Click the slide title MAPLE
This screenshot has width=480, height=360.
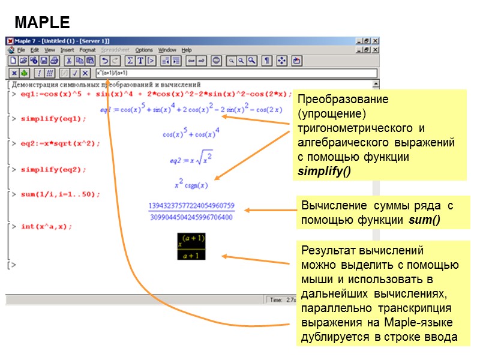point(42,23)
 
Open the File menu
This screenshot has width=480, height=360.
point(21,50)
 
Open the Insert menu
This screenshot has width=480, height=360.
point(67,50)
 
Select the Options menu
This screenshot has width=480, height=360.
point(144,50)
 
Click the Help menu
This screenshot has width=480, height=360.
point(187,50)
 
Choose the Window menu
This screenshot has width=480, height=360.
point(167,50)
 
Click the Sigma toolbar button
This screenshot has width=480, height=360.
point(129,61)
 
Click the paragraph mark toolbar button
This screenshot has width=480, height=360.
point(268,61)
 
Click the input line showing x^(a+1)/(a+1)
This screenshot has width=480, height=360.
point(234,73)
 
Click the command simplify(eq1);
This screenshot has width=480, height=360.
point(53,119)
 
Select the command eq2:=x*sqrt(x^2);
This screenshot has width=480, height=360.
point(60,144)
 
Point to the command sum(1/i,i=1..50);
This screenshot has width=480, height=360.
point(61,194)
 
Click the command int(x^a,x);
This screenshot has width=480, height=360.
point(46,226)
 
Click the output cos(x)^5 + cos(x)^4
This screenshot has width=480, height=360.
point(191,133)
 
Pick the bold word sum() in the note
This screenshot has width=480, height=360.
point(424,220)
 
